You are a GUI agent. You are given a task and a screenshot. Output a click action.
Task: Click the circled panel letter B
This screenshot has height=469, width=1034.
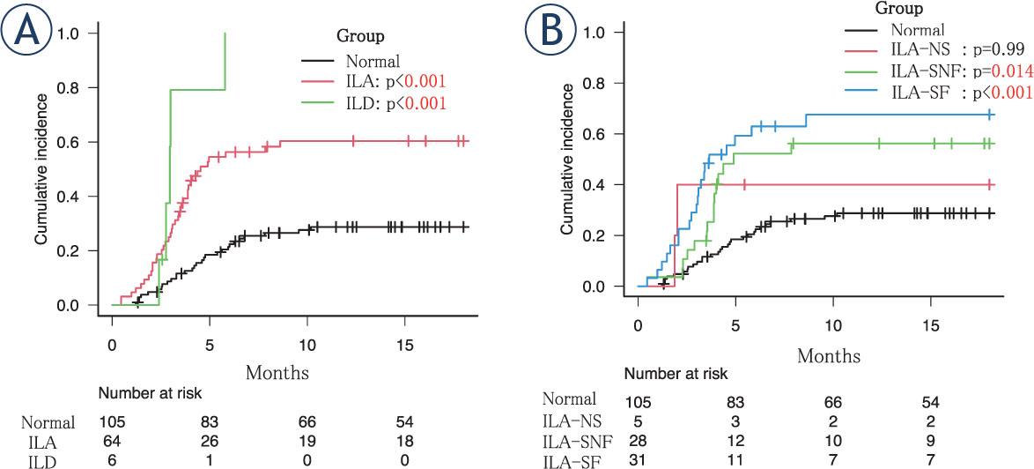(552, 32)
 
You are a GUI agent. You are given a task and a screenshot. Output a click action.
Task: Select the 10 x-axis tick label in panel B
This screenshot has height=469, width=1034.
(832, 326)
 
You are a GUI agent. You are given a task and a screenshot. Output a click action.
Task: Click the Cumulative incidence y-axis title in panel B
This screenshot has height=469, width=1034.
(569, 159)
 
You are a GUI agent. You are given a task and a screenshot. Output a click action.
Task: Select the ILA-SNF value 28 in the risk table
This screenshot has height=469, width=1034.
(639, 439)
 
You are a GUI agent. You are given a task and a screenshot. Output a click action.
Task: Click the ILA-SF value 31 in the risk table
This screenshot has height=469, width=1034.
(639, 458)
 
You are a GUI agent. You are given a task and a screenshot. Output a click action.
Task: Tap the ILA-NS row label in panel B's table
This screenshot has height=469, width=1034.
(570, 420)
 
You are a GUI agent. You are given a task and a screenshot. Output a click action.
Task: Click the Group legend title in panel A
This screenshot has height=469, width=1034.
(361, 36)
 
